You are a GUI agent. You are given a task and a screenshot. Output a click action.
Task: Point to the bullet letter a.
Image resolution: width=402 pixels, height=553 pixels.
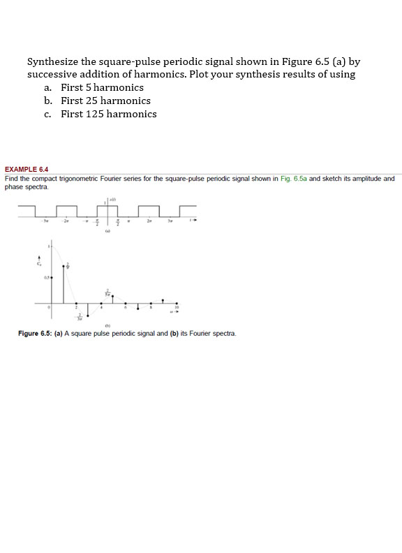click(47, 87)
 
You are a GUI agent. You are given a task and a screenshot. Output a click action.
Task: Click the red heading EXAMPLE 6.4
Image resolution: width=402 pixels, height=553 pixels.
click(27, 169)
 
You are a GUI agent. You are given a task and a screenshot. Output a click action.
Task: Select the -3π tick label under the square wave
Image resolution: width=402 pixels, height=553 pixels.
click(47, 221)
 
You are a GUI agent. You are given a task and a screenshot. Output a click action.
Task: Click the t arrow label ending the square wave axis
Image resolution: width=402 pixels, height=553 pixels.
click(195, 221)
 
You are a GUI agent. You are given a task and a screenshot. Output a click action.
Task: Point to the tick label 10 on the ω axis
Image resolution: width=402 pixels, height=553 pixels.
click(177, 306)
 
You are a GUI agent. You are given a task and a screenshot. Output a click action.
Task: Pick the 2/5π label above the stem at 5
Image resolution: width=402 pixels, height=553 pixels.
click(108, 294)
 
